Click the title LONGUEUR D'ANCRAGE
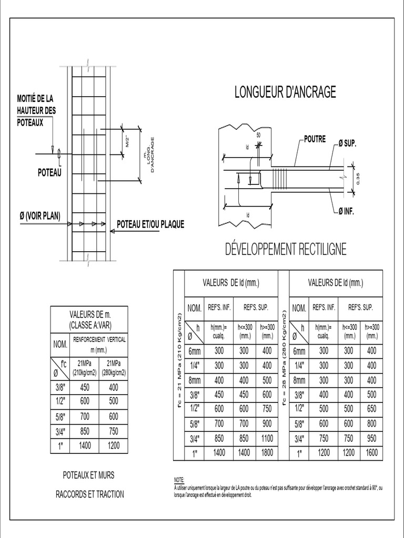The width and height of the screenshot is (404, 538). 285,92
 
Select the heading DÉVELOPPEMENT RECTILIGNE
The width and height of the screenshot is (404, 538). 286,250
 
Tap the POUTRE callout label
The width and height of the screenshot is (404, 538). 315,139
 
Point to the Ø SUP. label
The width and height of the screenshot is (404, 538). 347,144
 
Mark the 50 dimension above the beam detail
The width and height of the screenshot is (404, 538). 258,135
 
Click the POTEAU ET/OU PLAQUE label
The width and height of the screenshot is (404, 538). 150,224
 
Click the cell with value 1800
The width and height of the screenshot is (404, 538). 267,452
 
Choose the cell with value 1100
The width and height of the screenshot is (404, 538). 267,437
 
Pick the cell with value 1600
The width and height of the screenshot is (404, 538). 372,452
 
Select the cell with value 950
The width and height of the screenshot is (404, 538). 372,437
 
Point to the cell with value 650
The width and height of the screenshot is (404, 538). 372,408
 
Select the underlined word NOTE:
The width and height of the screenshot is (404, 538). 179,480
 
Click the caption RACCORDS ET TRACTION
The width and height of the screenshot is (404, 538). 90,494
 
